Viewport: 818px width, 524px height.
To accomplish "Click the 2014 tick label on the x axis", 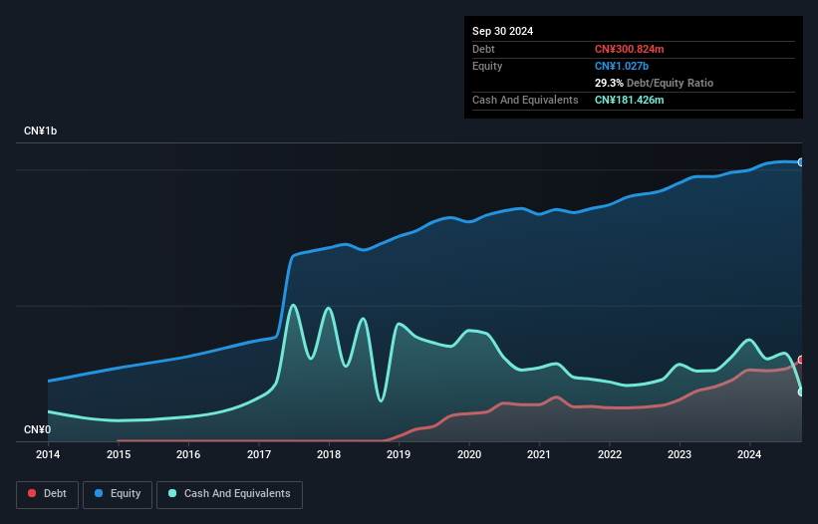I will click(48, 454).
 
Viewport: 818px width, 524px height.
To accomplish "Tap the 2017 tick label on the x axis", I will click(258, 454).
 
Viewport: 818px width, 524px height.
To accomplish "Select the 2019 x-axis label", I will click(399, 454).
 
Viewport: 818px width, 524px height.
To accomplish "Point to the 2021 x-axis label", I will click(539, 454).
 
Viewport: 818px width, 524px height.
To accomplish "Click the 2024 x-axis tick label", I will click(749, 454).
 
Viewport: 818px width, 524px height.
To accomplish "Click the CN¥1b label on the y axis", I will click(41, 131).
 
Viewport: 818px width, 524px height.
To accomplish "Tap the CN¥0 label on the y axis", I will click(37, 429).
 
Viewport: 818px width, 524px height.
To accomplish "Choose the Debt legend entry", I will click(47, 493).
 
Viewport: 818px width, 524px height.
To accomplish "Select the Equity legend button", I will click(119, 493).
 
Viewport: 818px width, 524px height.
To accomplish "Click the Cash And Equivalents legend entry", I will click(229, 493).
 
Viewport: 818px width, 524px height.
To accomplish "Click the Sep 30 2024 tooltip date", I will click(502, 31).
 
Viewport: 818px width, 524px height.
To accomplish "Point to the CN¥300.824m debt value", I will click(629, 49).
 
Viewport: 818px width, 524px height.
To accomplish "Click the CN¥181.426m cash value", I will click(629, 100).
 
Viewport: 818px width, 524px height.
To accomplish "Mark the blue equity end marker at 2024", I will click(800, 161).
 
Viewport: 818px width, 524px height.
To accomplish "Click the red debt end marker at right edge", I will click(800, 360).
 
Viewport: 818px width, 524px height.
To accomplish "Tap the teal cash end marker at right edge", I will click(800, 392).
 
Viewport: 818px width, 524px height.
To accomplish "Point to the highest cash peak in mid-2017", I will click(292, 305).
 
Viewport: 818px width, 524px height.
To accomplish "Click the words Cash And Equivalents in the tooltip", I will click(525, 100).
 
